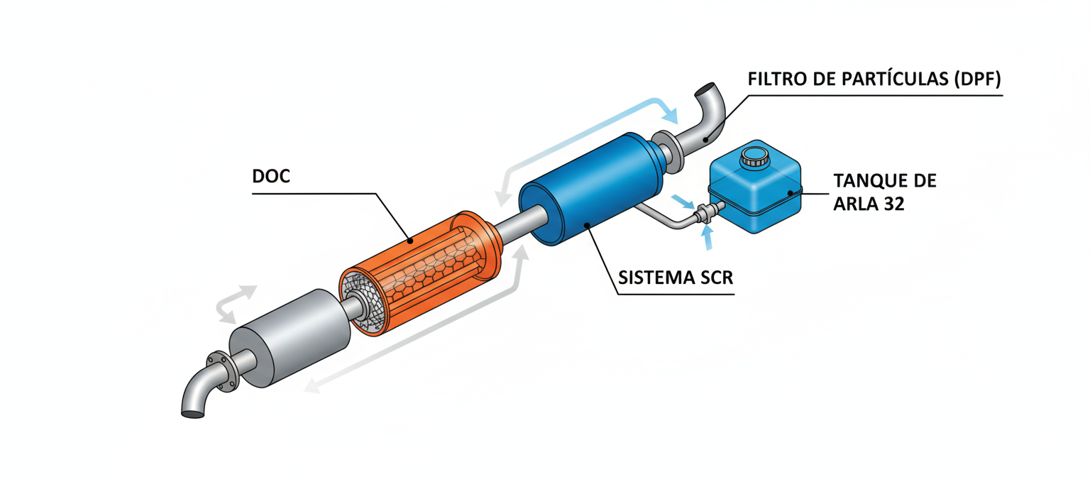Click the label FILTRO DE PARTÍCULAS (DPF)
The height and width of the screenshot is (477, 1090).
point(874,80)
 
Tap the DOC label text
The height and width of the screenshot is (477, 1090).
point(271,176)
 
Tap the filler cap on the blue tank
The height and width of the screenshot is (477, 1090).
point(752,157)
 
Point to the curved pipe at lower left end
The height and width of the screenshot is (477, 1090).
point(195,397)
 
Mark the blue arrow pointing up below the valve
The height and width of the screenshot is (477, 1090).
point(707,239)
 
